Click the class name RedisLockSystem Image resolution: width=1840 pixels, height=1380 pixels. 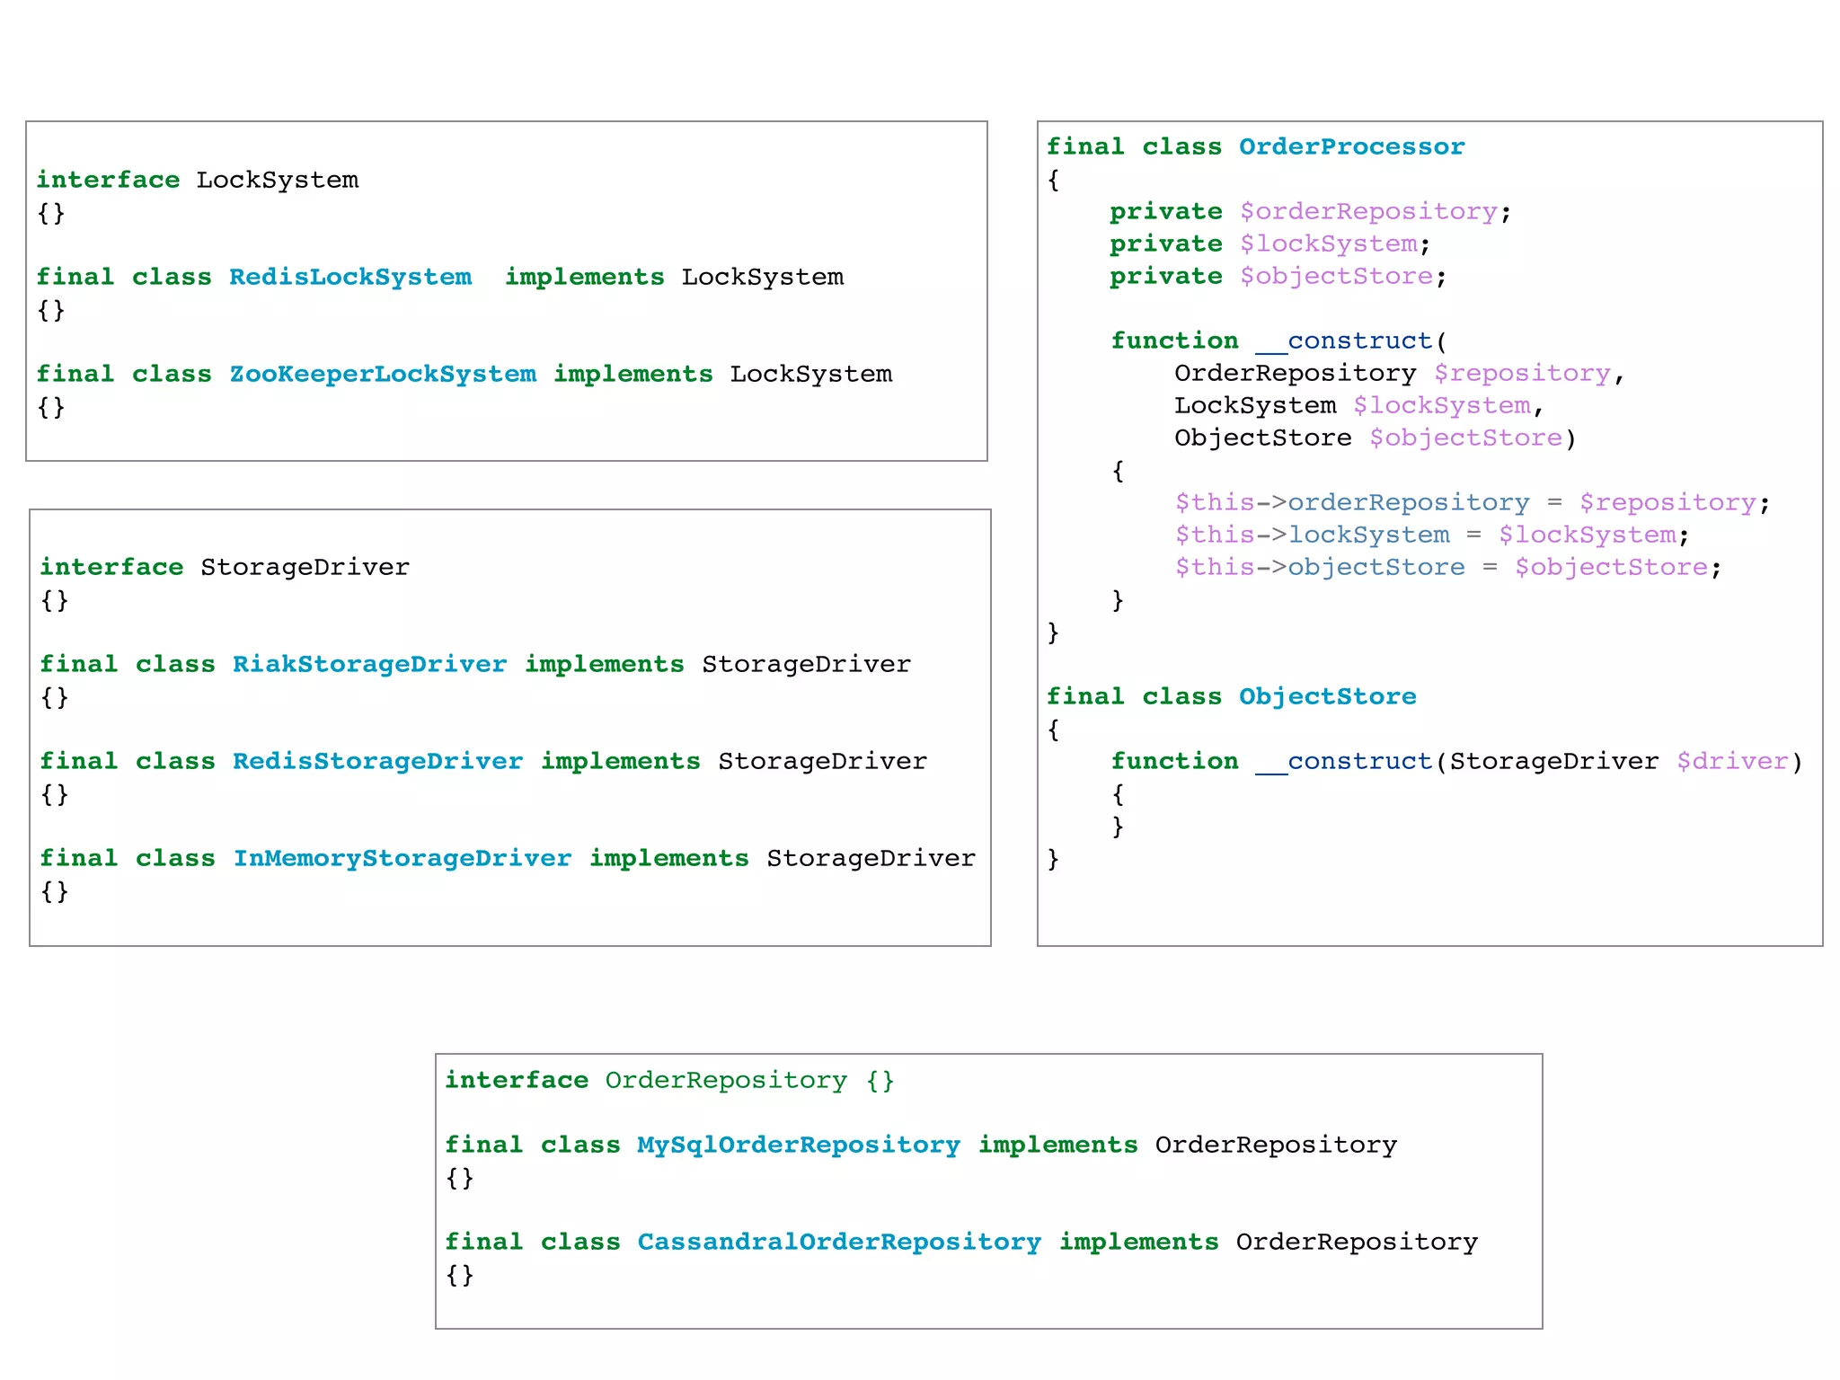(350, 277)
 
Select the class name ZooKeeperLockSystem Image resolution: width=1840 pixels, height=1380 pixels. (383, 374)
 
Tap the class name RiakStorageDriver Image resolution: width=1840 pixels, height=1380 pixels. (369, 664)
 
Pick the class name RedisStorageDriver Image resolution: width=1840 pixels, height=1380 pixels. (377, 761)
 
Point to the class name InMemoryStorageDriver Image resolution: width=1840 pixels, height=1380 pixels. (402, 858)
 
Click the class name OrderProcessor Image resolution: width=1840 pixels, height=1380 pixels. (1351, 146)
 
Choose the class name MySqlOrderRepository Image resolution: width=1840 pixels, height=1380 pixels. (798, 1145)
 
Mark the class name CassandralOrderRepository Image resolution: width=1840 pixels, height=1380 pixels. (838, 1242)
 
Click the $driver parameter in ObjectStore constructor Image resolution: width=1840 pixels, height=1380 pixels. (1732, 761)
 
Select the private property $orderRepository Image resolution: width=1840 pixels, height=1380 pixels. (1368, 211)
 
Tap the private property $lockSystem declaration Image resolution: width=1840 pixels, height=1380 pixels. (1328, 243)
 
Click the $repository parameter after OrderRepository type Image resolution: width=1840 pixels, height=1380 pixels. (1522, 373)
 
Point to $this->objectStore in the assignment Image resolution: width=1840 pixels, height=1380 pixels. (1320, 567)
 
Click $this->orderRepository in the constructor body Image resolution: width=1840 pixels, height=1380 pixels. (1352, 502)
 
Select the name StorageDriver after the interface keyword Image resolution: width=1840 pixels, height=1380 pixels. (305, 567)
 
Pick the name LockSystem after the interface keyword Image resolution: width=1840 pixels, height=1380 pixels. (277, 180)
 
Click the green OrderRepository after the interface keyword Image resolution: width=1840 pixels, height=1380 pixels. (725, 1080)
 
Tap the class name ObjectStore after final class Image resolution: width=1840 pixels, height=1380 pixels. (1327, 696)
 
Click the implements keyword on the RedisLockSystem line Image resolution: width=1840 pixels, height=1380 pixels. (584, 277)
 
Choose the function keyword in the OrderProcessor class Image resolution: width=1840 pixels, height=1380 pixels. (1174, 341)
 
